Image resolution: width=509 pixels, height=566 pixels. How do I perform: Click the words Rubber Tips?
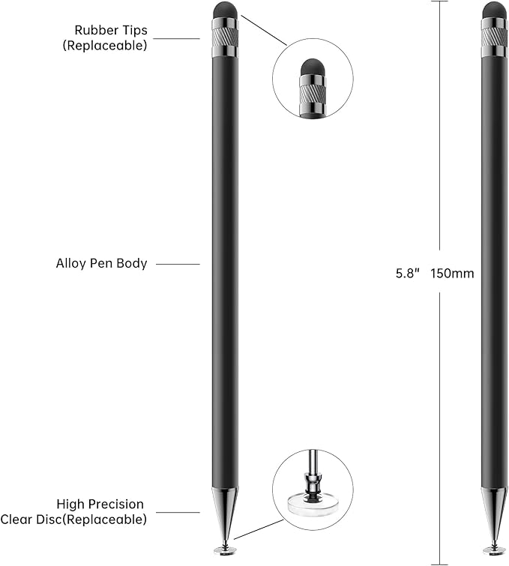point(110,30)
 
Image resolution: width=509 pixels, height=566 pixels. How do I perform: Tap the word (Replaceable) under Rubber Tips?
point(105,45)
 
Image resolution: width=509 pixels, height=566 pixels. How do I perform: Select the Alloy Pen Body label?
point(101,264)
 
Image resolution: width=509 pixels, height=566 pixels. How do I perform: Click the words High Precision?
point(100,505)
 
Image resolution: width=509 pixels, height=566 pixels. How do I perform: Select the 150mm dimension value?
point(453,274)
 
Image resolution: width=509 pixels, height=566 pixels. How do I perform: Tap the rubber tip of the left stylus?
point(225,10)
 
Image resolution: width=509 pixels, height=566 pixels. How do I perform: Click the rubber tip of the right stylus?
point(493,10)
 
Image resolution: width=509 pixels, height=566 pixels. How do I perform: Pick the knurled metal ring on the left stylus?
point(225,32)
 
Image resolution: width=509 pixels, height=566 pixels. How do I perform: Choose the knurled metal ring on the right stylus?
point(493,32)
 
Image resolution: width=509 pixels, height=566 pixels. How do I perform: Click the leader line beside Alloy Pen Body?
point(178,264)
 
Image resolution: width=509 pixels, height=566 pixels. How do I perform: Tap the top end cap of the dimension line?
point(439,1)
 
